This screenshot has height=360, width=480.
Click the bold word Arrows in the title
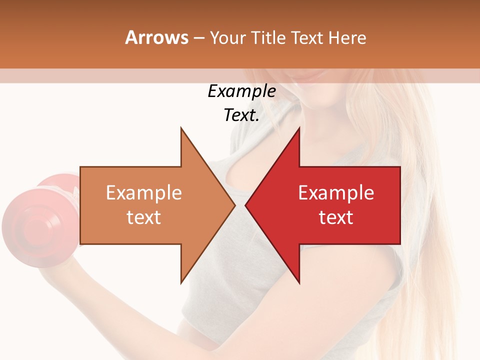pos(156,37)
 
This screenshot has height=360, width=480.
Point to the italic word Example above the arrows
pos(241,91)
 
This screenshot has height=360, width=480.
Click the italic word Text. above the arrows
pos(241,115)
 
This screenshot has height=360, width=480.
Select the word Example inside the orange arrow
pos(144,193)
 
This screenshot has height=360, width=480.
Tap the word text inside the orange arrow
pos(144,217)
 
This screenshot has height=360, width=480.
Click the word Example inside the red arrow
pos(336,193)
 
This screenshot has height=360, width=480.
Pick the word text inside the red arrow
pos(336,217)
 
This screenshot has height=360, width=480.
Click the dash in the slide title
pos(199,38)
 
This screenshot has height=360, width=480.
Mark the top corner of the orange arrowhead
pos(181,128)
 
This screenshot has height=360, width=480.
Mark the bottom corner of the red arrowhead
pos(299,282)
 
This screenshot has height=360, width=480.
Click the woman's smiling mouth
pos(310,75)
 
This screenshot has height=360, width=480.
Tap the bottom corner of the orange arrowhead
pos(181,282)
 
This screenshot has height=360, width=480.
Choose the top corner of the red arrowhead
pos(299,128)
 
